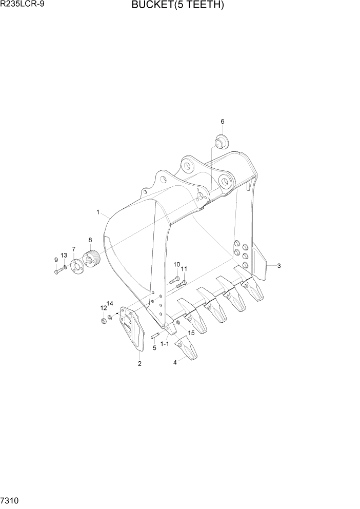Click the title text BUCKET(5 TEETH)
[x=178, y=6]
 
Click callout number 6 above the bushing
[x=223, y=122]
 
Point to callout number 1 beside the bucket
[x=97, y=211]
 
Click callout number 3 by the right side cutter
[x=278, y=266]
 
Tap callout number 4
[x=175, y=362]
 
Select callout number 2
[x=139, y=364]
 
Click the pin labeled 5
[x=156, y=336]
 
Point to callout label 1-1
[x=165, y=344]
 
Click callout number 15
[x=191, y=333]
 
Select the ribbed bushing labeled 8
[x=92, y=258]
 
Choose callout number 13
[x=64, y=255]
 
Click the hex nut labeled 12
[x=103, y=321]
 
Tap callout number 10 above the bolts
[x=176, y=264]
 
